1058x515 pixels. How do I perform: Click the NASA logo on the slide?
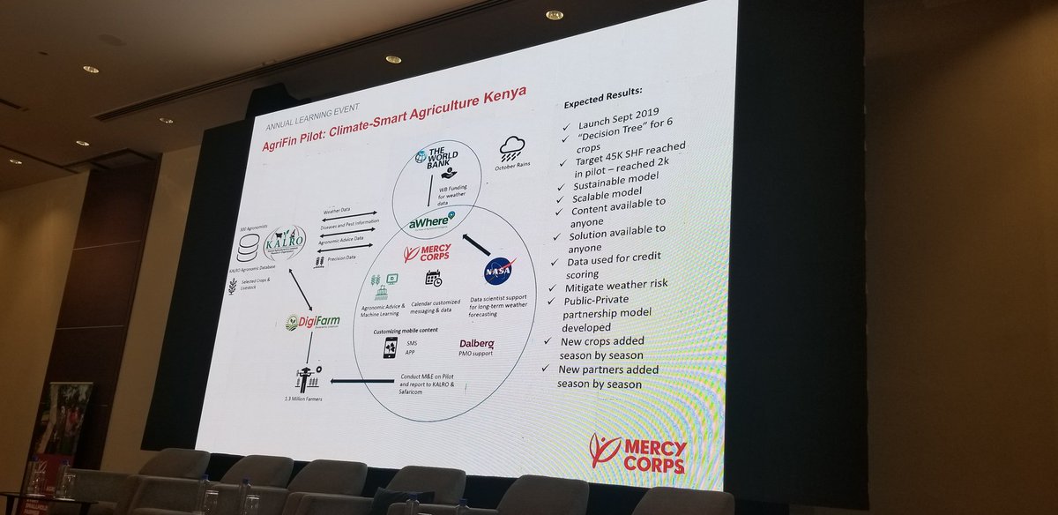point(498,269)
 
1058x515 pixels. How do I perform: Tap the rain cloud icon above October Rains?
point(512,147)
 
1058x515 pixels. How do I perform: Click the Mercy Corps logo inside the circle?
point(428,254)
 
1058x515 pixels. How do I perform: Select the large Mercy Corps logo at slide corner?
point(637,452)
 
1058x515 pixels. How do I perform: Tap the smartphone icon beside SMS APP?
point(389,347)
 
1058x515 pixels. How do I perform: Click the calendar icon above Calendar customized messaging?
point(434,279)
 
